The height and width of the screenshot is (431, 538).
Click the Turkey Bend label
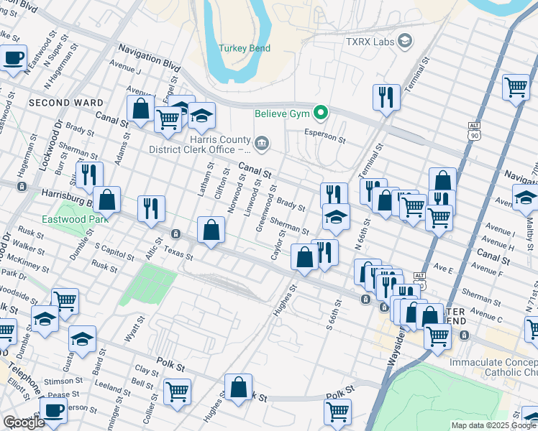click(246, 47)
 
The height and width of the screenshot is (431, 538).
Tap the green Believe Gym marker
click(322, 113)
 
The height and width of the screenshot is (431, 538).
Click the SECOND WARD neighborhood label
click(66, 103)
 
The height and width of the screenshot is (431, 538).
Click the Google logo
click(24, 422)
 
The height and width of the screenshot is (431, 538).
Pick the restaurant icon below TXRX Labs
click(386, 97)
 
